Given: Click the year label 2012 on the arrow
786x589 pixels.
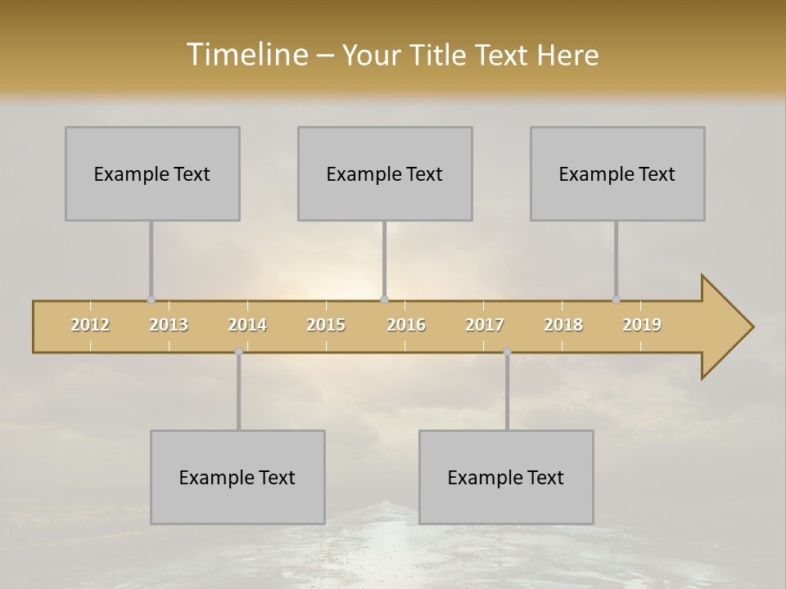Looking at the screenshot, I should (x=90, y=325).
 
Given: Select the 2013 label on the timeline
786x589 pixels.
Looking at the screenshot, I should (x=169, y=325).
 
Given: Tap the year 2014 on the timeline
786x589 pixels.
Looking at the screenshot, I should (x=247, y=325).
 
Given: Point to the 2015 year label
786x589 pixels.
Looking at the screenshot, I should (x=326, y=325).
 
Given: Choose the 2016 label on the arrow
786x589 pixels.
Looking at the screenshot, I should (x=406, y=325).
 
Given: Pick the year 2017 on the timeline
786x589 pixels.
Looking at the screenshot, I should (x=485, y=325).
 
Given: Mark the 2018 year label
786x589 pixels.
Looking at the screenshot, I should (x=563, y=325).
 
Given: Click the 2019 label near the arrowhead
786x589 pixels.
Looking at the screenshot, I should (x=642, y=325).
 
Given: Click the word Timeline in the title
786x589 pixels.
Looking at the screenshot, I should (x=246, y=55).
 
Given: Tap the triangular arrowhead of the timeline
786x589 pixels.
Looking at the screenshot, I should (x=725, y=327).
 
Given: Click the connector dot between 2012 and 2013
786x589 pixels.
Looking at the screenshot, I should (x=151, y=300).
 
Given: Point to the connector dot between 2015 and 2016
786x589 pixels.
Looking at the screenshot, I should (x=385, y=300).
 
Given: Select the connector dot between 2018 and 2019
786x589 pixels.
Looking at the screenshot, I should (x=617, y=300).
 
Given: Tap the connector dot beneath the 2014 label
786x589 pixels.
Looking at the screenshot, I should (x=238, y=352).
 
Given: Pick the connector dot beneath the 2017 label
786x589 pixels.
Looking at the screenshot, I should (x=507, y=352).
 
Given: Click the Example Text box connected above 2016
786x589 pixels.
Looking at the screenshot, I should (x=385, y=173).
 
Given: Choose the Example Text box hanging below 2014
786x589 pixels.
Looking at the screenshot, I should (x=237, y=477).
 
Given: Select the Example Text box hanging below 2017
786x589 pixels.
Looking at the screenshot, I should (x=506, y=477).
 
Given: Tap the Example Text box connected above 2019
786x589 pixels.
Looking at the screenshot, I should (x=617, y=173).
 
